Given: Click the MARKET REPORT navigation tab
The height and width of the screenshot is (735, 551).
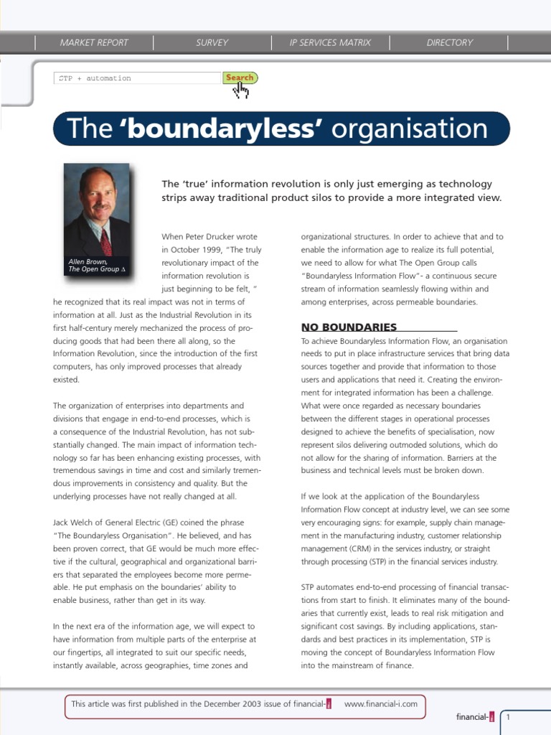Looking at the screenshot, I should click(94, 42).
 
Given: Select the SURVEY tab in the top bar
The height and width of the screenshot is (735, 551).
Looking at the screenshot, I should click(212, 42).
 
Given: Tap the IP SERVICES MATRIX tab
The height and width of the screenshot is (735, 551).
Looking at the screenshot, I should click(330, 42).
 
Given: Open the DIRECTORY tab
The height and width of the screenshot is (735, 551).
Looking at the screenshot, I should click(450, 42).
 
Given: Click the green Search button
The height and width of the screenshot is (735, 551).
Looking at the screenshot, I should click(240, 78).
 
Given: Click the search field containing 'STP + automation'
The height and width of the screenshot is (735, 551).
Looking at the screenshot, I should click(137, 78).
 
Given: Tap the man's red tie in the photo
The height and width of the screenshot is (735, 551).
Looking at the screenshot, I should click(105, 242).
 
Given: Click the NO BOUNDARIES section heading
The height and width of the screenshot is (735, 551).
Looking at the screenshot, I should click(349, 327).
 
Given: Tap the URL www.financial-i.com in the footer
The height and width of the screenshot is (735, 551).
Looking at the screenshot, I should click(380, 704).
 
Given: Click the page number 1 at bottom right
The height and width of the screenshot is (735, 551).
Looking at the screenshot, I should click(509, 717).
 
